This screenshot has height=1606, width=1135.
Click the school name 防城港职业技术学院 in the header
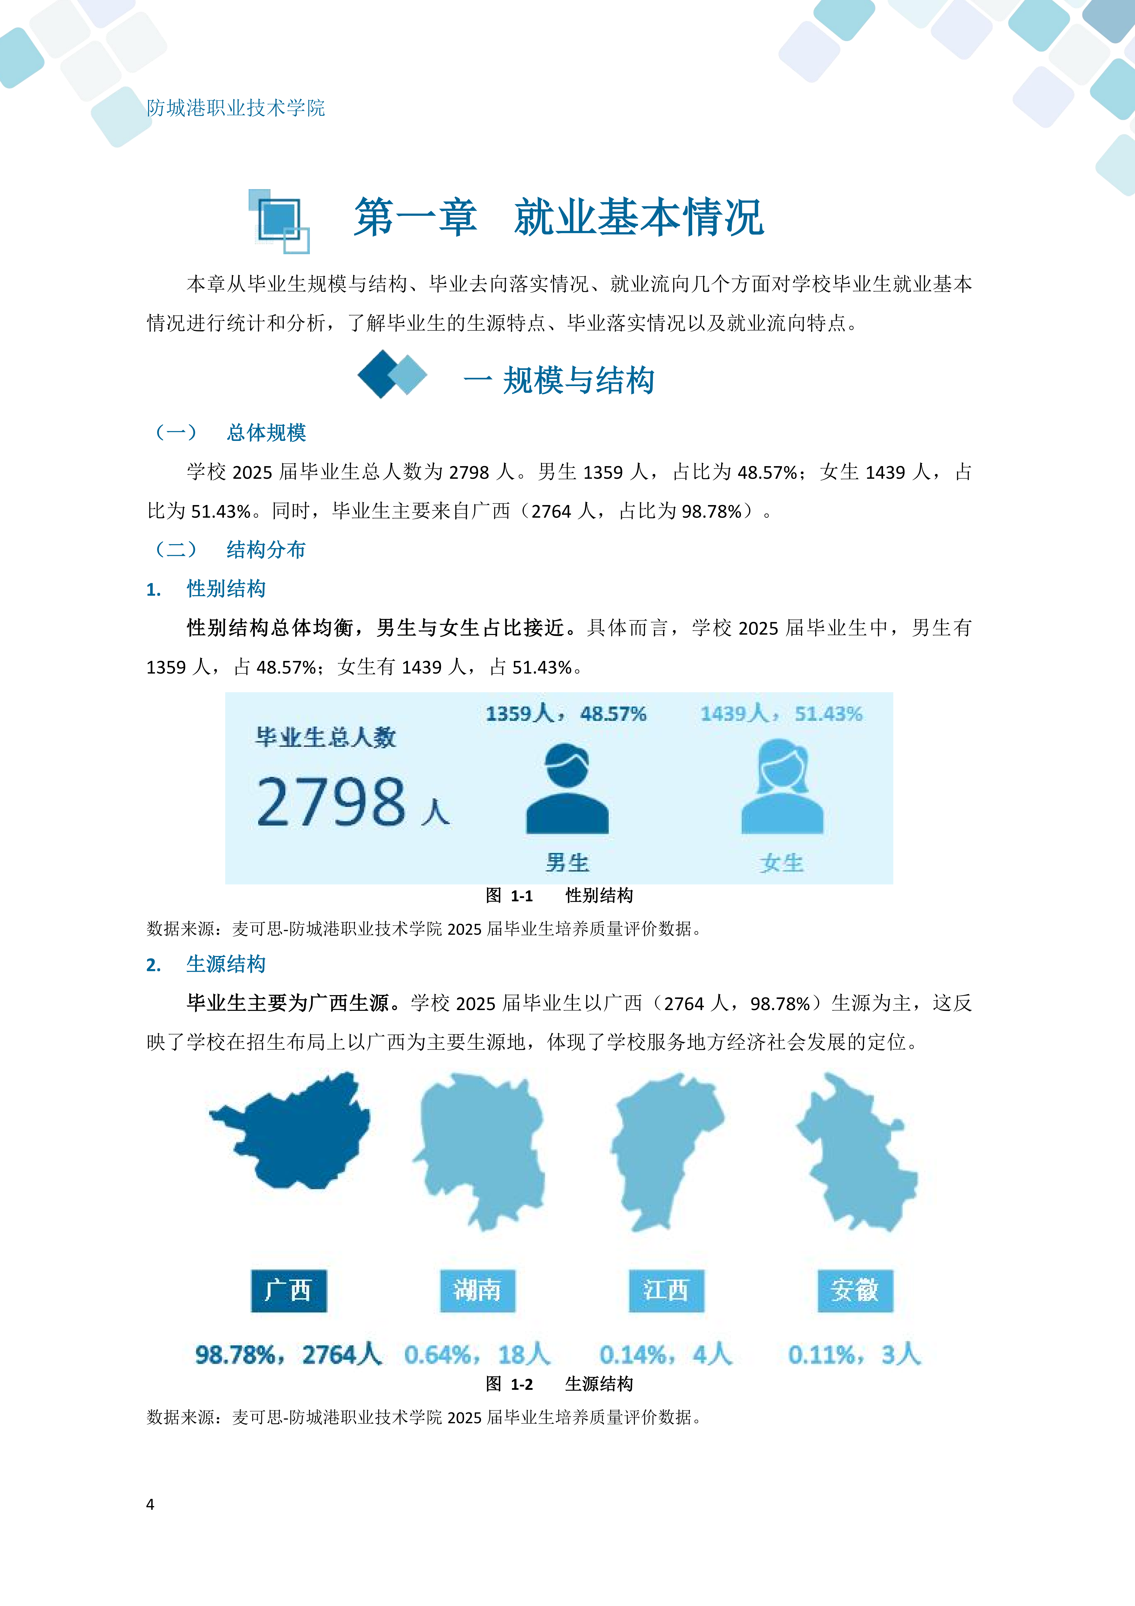(236, 108)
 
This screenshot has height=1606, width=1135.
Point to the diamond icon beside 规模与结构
(392, 374)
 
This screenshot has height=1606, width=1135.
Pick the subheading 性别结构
(226, 589)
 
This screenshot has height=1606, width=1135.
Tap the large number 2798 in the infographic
(331, 802)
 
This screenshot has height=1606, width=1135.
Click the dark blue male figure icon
(567, 789)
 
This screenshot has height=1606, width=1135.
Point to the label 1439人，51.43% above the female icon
(781, 714)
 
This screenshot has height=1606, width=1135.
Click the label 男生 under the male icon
(567, 862)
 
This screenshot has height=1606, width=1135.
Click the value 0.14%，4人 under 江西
(666, 1354)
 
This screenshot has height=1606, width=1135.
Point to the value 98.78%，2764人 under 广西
(288, 1354)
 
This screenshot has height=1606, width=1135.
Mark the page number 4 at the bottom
(150, 1505)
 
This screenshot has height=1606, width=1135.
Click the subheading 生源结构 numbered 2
(226, 965)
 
